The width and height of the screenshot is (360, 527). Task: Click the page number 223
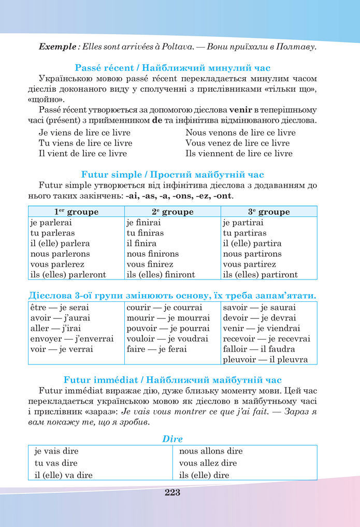(172, 492)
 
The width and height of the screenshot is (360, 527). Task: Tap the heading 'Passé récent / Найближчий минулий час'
(172, 68)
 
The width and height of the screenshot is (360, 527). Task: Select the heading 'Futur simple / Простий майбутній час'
(172, 174)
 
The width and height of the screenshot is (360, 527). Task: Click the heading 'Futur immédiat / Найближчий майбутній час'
(172, 379)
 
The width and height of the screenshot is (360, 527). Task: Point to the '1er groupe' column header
(76, 212)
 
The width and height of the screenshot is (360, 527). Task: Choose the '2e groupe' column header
(172, 212)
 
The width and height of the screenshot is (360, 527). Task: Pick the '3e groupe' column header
(269, 212)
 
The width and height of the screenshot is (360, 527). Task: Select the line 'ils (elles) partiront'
(260, 274)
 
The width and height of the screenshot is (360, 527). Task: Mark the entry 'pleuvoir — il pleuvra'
(265, 359)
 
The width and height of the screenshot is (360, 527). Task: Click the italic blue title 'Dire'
(172, 438)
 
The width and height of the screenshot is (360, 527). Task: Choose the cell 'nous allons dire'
(211, 451)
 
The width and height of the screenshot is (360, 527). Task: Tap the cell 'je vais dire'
(56, 451)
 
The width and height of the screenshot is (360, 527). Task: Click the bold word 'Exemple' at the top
(57, 47)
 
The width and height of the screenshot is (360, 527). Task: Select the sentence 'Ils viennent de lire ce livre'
(239, 153)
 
